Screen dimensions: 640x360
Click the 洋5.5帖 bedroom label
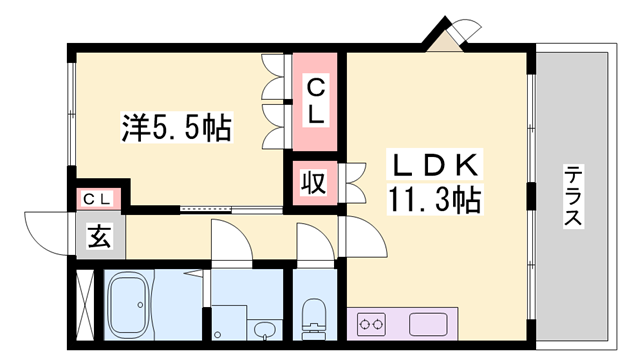pos(176,127)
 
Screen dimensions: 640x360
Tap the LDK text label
pos(435,164)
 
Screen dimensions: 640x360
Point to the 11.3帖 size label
pos(434,199)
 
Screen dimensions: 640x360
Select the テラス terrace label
pos(573,196)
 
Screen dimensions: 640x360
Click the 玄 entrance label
pos(100,236)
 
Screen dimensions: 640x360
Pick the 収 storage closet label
pos(313,182)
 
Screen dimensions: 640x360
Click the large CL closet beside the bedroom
pos(315,102)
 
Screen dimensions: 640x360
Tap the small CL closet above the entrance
pos(97,199)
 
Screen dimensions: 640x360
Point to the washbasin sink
pos(265,330)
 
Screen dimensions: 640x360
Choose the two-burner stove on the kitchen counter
pos(371,324)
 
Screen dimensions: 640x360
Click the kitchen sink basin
pos(429,324)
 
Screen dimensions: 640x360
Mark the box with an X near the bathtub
pos(86,304)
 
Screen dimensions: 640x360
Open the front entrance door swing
pos(49,233)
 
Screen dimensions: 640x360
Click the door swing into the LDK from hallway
pos(362,237)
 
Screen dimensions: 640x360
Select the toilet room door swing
pos(316,242)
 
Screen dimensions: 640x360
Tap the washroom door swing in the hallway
pos(232,240)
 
